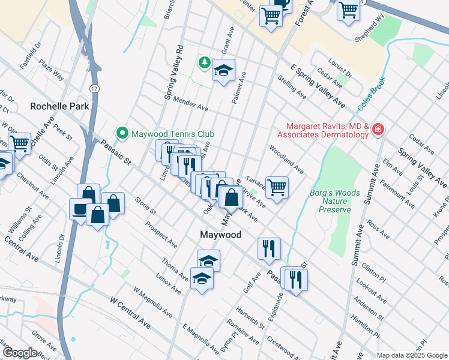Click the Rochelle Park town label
tap(59, 106)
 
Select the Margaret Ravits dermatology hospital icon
tap(378, 130)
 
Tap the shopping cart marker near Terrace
tap(277, 187)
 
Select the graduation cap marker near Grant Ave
tap(223, 71)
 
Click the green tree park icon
tap(205, 62)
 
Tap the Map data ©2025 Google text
tap(412, 355)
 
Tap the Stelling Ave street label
tap(292, 87)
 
